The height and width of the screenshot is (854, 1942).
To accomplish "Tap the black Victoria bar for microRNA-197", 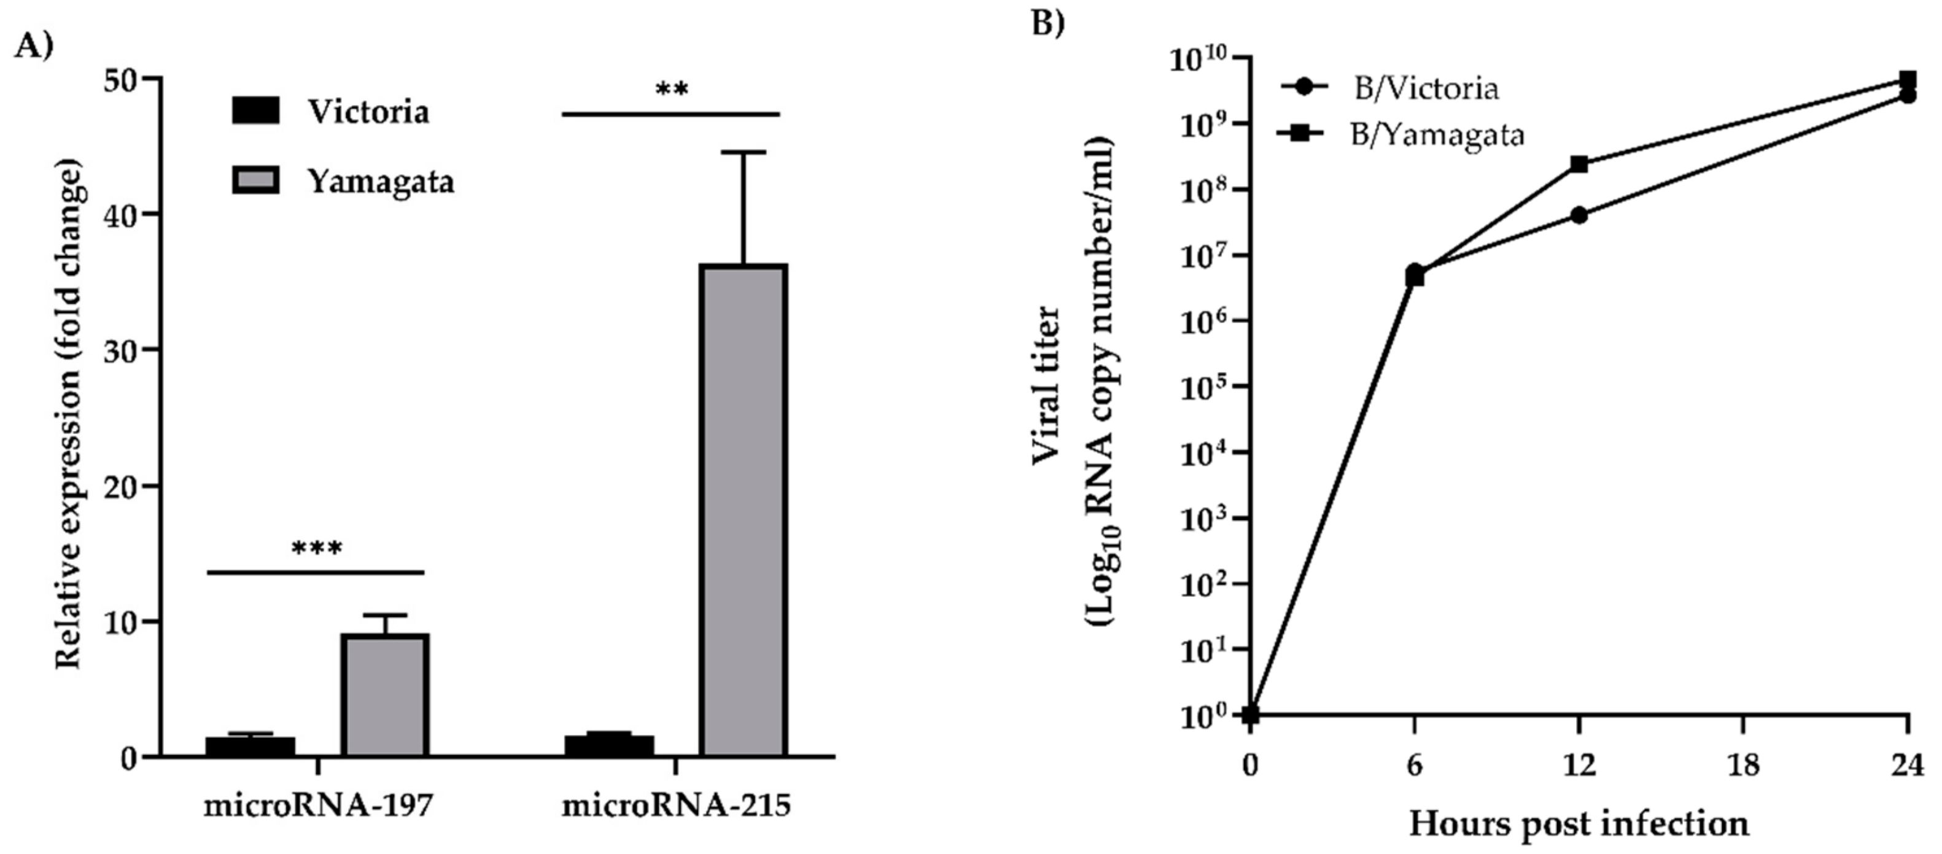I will (251, 745).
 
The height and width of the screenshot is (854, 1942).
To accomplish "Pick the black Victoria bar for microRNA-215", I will (609, 745).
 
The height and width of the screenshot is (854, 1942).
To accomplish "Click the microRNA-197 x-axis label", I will (318, 805).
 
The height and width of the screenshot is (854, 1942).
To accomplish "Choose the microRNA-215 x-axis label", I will (676, 805).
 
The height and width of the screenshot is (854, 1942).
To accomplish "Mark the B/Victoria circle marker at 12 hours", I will (1579, 215).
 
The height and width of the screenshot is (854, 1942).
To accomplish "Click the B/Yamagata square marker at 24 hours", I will (1908, 79).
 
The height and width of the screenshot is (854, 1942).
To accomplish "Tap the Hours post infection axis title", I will (1579, 823).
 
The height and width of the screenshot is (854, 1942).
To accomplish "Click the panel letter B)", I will (1048, 23).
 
